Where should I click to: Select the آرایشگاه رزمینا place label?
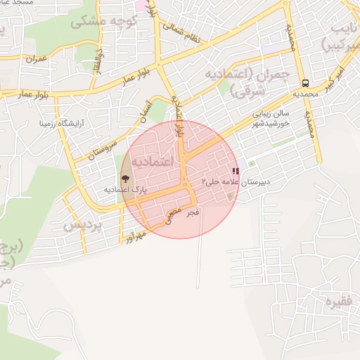[61, 123]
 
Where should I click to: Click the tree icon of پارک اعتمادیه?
[125, 179]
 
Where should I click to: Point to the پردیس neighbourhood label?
[83, 225]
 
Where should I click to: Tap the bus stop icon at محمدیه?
[304, 82]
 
